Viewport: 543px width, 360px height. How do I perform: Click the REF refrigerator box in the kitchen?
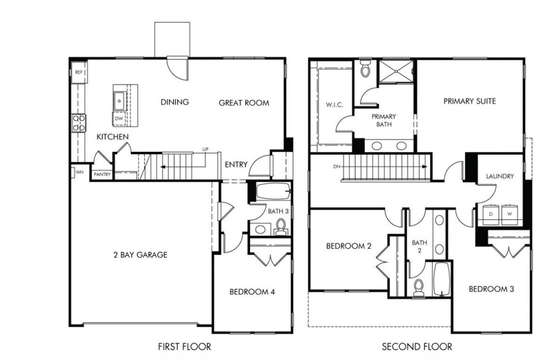pyautogui.click(x=79, y=72)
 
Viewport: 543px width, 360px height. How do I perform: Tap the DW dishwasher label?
pyautogui.click(x=119, y=119)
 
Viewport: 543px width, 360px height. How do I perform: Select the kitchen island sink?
pyautogui.click(x=119, y=99)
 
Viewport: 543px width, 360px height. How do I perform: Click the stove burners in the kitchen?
pyautogui.click(x=79, y=123)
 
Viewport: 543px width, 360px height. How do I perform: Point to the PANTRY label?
pyautogui.click(x=102, y=174)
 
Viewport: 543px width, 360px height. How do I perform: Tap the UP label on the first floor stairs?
pyautogui.click(x=205, y=150)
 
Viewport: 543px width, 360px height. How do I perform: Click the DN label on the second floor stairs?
pyautogui.click(x=336, y=166)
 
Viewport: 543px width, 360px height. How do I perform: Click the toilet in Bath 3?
pyautogui.click(x=281, y=228)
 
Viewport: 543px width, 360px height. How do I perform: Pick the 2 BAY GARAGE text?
pyautogui.click(x=141, y=254)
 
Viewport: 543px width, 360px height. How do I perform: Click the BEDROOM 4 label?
pyautogui.click(x=252, y=292)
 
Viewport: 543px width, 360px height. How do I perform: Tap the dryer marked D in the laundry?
pyautogui.click(x=491, y=213)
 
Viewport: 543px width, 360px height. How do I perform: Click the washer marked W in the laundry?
pyautogui.click(x=510, y=213)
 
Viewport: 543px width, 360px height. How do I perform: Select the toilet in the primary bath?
pyautogui.click(x=365, y=69)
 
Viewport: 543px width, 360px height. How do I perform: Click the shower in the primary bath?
pyautogui.click(x=396, y=72)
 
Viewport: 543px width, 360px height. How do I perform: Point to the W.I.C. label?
pyautogui.click(x=334, y=104)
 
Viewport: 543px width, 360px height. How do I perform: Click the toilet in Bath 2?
pyautogui.click(x=418, y=286)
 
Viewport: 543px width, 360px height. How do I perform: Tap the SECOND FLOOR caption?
pyautogui.click(x=417, y=347)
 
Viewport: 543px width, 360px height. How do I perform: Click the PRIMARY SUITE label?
pyautogui.click(x=469, y=101)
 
